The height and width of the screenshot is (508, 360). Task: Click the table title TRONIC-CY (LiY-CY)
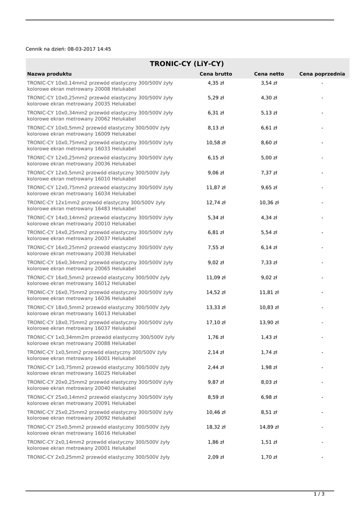click(x=187, y=63)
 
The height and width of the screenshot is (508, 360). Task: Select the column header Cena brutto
click(x=216, y=74)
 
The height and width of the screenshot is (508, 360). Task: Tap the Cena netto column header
click(x=269, y=74)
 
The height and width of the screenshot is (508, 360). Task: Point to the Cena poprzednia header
click(x=322, y=74)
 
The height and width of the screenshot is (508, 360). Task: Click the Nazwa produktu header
click(x=49, y=74)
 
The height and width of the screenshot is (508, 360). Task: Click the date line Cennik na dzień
click(x=69, y=49)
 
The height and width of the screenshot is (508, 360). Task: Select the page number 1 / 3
click(x=319, y=494)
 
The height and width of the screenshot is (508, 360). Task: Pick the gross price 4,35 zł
click(x=216, y=83)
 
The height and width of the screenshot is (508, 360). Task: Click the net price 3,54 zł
click(x=269, y=83)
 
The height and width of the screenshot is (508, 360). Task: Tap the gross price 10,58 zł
click(x=216, y=143)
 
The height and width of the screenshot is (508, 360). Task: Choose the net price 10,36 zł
click(x=269, y=203)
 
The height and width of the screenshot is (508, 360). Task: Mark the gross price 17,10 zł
click(x=216, y=322)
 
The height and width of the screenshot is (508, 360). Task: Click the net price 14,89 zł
click(x=269, y=427)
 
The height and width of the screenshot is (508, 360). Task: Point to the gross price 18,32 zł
click(x=216, y=427)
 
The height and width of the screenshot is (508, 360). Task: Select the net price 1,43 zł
click(x=269, y=337)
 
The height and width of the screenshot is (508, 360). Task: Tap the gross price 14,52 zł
click(x=216, y=293)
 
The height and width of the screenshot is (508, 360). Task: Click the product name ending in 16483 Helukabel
click(x=96, y=206)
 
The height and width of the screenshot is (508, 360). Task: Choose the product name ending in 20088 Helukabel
click(x=100, y=340)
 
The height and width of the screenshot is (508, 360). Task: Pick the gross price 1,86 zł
click(x=216, y=442)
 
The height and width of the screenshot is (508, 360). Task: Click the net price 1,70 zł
click(x=269, y=457)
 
